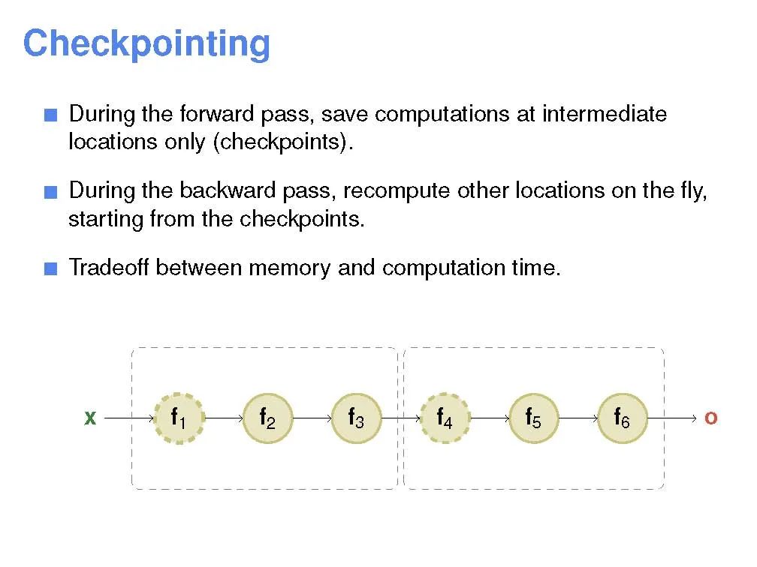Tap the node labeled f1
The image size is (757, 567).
pos(178,418)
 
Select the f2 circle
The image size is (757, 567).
pos(267,418)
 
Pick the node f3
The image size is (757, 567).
pos(356,418)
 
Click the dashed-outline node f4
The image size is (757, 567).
pos(445,418)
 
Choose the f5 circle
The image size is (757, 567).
pos(533,418)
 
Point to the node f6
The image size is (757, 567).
pos(622,418)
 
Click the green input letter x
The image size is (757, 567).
pos(90,418)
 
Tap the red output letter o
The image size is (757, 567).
pos(710,418)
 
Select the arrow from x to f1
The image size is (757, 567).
pos(128,418)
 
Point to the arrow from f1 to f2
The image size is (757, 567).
pos(222,418)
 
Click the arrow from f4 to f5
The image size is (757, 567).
pos(489,418)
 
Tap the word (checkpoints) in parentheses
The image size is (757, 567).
pos(282,142)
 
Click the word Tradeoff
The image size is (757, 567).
pos(109,267)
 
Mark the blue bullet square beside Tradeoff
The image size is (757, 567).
pos(50,268)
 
